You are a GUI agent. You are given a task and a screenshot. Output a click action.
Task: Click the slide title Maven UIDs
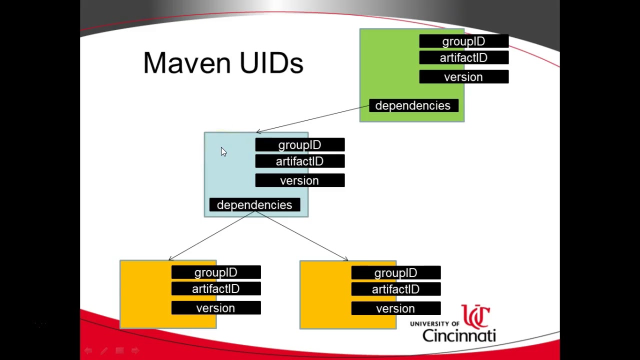223,63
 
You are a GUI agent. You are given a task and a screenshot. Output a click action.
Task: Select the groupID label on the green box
463,41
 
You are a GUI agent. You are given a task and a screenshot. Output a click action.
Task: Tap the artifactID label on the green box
463,58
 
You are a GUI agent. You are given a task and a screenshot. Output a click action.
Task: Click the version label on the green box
463,77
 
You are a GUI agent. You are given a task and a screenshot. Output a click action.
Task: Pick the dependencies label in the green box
413,105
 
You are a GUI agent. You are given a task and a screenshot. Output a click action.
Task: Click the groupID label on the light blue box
299,145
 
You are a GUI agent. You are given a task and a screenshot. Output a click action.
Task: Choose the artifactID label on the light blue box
299,161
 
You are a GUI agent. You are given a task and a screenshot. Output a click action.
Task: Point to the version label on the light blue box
299,180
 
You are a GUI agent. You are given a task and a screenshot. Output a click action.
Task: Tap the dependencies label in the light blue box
254,205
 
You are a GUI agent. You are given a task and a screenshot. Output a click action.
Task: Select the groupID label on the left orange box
215,272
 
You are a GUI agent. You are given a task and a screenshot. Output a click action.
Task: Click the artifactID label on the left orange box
215,289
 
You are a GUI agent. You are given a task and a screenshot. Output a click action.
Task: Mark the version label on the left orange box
215,308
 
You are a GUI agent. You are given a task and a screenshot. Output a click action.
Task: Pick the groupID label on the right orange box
395,273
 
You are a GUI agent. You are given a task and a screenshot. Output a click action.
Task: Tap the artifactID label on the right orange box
395,289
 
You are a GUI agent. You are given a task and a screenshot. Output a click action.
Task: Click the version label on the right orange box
395,308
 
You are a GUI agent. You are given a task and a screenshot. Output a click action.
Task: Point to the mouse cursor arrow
223,152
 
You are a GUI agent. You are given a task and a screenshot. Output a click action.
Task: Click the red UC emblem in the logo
475,316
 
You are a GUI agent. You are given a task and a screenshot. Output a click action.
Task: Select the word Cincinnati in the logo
458,334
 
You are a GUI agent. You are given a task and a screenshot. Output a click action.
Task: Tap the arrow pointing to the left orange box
212,235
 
